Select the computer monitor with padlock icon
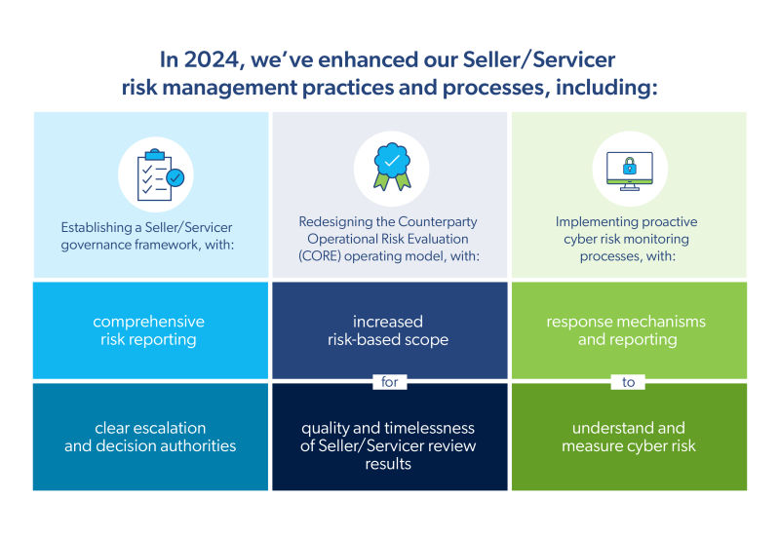[x=629, y=171]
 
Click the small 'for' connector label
[x=390, y=382]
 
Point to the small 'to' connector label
[x=629, y=382]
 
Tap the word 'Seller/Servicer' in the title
[x=537, y=60]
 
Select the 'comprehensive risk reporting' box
[x=149, y=330]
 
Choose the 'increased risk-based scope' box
[x=388, y=330]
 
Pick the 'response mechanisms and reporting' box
[x=627, y=330]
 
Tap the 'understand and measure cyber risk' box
[x=629, y=437]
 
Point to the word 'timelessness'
[x=433, y=428]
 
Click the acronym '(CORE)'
[x=322, y=256]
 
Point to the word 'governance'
[x=99, y=244]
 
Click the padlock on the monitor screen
[x=629, y=163]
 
